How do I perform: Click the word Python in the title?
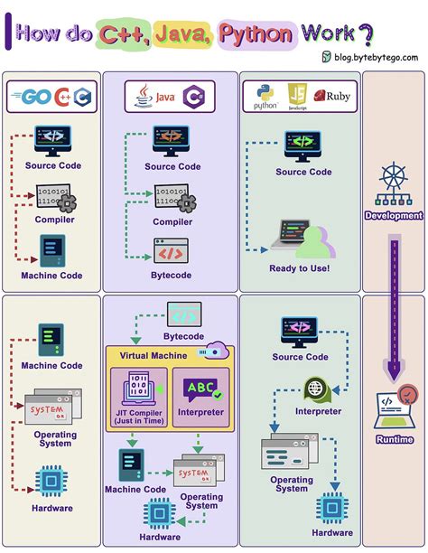256,34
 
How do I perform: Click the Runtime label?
393,439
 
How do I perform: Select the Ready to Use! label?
299,267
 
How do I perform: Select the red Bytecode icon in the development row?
172,250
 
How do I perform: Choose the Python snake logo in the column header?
265,93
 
